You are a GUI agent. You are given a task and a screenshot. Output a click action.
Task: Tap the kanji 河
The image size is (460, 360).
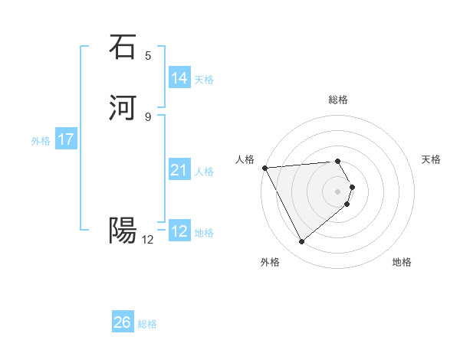pos(123,108)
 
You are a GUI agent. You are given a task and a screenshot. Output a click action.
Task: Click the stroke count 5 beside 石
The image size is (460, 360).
pos(148,55)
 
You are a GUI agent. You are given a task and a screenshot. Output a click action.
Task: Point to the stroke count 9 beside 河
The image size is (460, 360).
pos(148,116)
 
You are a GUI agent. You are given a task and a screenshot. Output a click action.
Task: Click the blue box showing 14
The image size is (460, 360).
pos(179,78)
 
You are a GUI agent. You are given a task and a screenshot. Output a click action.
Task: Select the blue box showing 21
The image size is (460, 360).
pos(179,170)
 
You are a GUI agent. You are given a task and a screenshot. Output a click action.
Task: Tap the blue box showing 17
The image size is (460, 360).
pos(66,139)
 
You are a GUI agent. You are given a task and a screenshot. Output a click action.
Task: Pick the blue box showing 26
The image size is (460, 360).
pos(123,322)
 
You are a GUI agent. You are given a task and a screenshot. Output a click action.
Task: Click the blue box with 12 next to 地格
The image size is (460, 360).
pos(179,231)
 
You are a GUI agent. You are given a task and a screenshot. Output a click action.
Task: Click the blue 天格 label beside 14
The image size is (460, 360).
pos(204,80)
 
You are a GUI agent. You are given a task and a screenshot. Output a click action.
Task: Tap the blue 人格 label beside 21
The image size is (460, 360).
pos(204,172)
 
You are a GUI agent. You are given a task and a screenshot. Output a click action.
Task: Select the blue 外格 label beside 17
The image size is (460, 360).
pos(41,141)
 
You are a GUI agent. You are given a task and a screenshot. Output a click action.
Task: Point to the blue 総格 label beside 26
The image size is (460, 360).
pos(147,324)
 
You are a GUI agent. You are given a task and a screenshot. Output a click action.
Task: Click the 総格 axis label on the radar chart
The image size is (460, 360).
pos(338,100)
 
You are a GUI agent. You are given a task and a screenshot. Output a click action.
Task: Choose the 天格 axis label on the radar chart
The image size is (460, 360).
pos(431,159)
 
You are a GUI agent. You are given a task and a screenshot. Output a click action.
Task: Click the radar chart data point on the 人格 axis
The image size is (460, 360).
pos(264,167)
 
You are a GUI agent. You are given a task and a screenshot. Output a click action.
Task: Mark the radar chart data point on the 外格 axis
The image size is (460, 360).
pos(301,242)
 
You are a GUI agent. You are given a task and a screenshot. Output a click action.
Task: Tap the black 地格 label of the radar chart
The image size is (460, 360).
pos(402,262)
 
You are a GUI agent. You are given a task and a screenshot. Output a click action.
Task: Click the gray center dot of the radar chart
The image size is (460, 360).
pos(338,191)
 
